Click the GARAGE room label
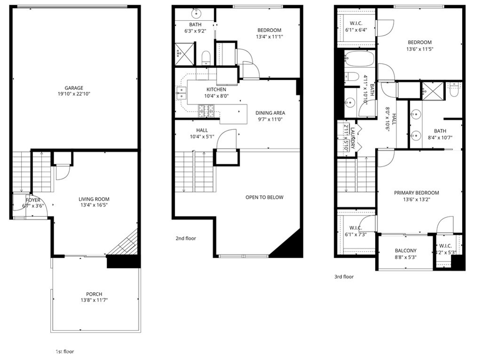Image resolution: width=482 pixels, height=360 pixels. pos(74,88)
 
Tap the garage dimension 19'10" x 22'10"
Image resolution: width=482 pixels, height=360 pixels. pos(74,94)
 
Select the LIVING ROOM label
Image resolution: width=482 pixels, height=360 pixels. pos(94,199)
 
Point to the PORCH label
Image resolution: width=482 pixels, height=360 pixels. pos(94,294)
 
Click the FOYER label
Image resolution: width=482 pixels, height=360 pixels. pos(33,200)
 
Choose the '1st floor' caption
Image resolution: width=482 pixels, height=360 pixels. pos(64,352)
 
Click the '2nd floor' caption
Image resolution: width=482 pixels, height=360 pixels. pos(185,239)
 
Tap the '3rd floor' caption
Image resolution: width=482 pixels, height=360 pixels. pos(344,277)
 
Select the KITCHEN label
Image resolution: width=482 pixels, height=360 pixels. pos(216,89)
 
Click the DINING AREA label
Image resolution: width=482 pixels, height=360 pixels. pos(270,113)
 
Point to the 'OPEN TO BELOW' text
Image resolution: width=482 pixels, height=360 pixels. pos(265,197)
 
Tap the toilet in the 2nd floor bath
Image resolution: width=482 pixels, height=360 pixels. pos(206,57)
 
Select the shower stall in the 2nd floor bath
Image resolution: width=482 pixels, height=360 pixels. pos(184,54)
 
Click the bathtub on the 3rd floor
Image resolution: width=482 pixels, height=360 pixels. pos(359,60)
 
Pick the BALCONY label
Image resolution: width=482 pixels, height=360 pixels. pos(405,251)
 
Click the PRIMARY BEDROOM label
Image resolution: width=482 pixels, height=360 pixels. pos(417,193)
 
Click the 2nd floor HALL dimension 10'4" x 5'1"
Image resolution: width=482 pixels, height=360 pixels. pos(199,137)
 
